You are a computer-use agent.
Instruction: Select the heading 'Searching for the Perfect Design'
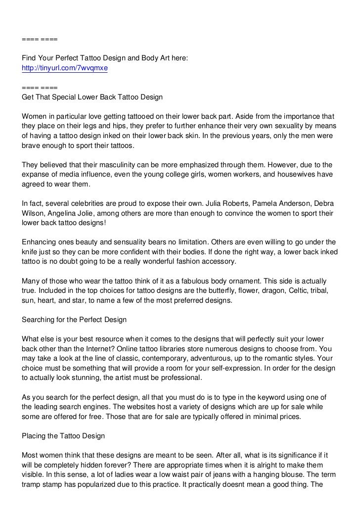point(74,320)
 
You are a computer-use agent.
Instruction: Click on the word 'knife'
point(31,252)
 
